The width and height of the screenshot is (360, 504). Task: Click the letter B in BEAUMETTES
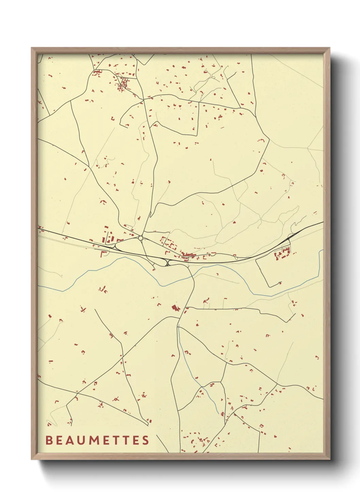point(49,440)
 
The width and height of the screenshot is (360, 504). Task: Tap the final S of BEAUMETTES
point(146,440)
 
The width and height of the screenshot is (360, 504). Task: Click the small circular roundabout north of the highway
point(141,238)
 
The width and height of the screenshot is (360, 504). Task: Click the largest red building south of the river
point(175,309)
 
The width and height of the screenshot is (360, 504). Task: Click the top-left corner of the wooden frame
point(32,48)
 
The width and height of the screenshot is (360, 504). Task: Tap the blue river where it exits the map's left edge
point(38,286)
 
